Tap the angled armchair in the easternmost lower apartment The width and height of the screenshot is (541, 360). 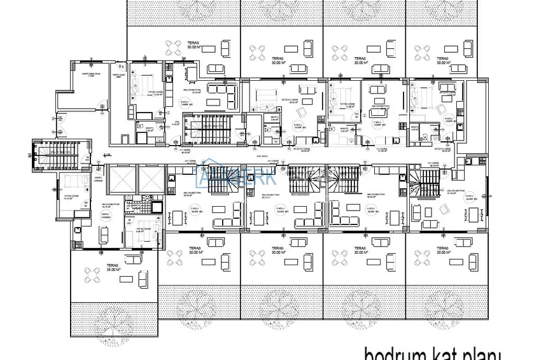417,210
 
